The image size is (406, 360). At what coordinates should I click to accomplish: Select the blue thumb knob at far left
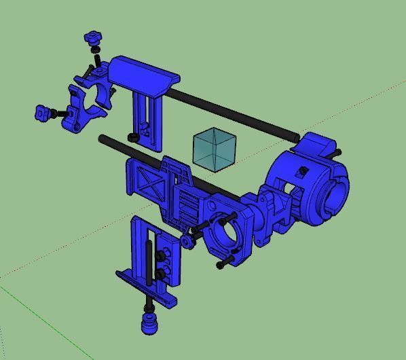coord(44,112)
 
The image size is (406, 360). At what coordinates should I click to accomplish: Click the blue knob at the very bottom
coord(148,323)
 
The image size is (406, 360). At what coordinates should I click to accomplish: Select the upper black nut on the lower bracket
coord(162,256)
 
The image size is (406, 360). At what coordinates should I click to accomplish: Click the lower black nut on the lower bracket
coord(162,273)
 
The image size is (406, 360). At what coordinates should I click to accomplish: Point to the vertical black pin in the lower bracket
coord(147,262)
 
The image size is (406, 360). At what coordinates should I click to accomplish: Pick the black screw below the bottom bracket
coord(149,303)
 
